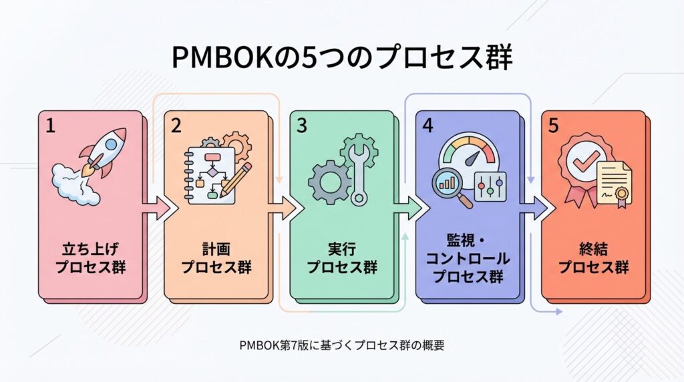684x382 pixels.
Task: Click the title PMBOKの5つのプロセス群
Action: (x=341, y=59)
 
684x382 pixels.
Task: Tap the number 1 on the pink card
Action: (x=51, y=126)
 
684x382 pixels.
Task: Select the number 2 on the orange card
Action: (x=176, y=126)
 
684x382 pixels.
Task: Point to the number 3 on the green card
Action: (x=302, y=126)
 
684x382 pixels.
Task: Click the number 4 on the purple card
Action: (x=427, y=126)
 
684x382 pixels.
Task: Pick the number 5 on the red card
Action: (x=553, y=126)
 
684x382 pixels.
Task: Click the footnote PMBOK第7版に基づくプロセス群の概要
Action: (x=342, y=345)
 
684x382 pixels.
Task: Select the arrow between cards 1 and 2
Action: (x=158, y=208)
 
